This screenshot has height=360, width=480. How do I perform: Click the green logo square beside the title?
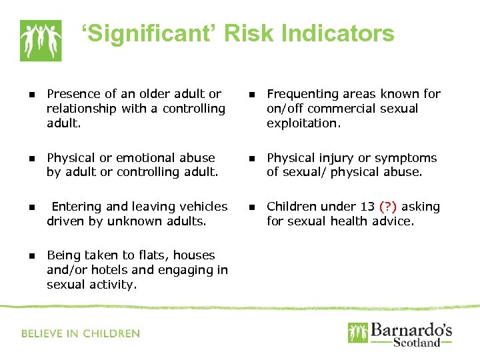pyautogui.click(x=41, y=40)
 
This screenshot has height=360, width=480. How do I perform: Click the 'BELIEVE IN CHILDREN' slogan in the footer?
pyautogui.click(x=81, y=333)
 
